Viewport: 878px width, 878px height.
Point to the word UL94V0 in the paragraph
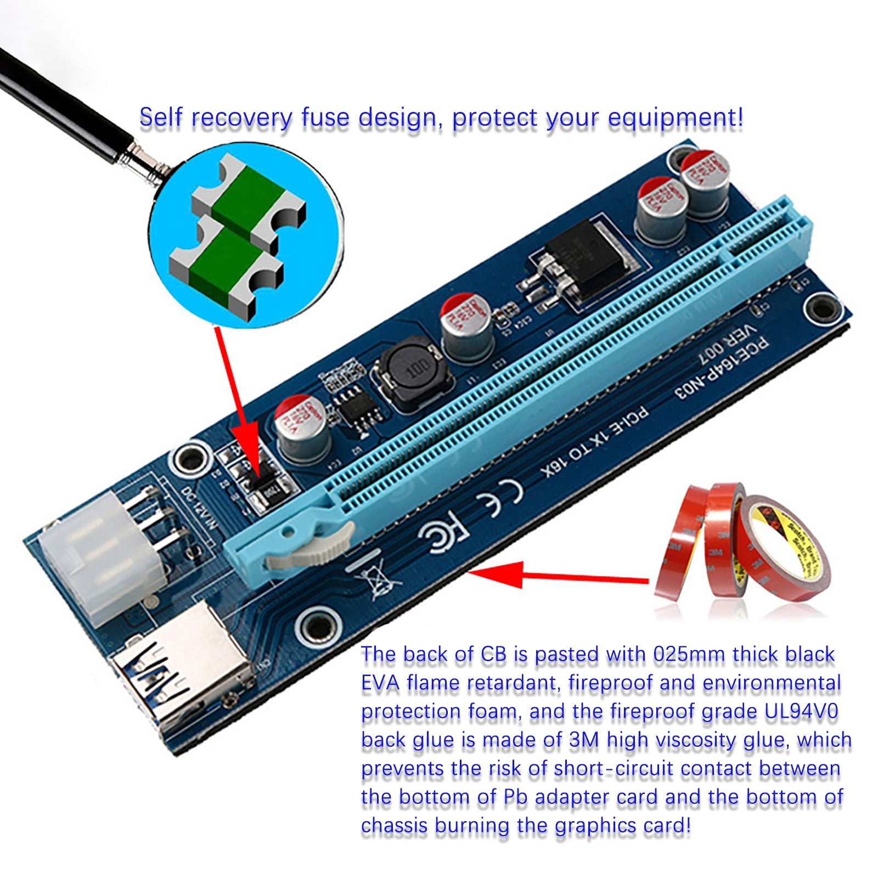(x=801, y=711)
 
